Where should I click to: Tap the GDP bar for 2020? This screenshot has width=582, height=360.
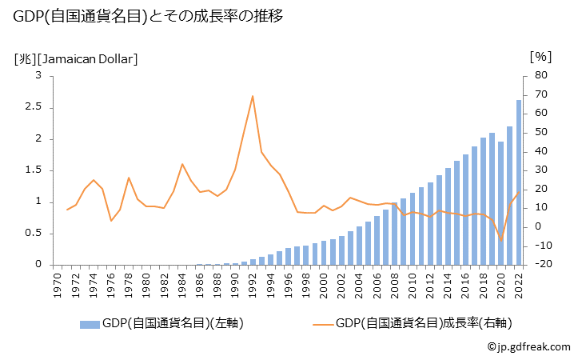click(x=500, y=203)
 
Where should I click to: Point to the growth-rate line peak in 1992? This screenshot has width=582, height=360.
click(x=253, y=96)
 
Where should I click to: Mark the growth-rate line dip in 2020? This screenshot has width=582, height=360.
click(x=501, y=239)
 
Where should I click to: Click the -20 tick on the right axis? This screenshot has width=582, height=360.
click(x=539, y=265)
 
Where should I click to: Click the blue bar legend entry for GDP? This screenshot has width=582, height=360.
click(x=160, y=323)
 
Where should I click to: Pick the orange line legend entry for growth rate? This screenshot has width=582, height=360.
click(x=412, y=323)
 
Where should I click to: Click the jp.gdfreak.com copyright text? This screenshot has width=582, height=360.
click(x=528, y=347)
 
